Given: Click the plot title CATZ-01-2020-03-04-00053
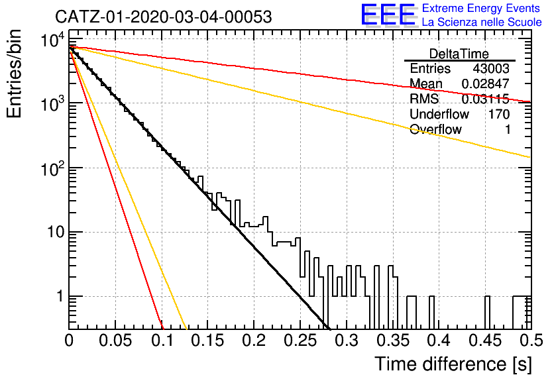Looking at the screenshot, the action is coord(164,17).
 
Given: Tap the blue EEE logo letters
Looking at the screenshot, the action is coord(388,15).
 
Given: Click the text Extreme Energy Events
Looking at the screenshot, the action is coord(481,8).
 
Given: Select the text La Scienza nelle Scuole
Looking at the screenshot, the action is coord(482,23).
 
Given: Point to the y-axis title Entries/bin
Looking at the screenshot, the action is coord(15,74).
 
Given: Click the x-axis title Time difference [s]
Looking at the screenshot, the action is coord(453,364).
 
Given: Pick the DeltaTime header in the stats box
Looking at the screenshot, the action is coord(459,54).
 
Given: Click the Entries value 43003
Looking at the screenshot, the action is coord(491,68).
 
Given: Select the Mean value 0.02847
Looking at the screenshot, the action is coord(486,83).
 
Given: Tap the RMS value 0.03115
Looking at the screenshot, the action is coord(486,99).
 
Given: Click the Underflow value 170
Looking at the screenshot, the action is coord(499,114).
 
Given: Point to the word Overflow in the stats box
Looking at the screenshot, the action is coord(435,129).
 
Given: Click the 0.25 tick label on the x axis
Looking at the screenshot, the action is coord(300,341).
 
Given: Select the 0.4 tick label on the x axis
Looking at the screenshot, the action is coord(439,341).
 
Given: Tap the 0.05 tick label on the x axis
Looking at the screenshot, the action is coord(115,341).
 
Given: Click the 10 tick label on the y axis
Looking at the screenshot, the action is coord(55,232).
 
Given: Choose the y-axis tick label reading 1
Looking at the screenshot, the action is coord(60,296).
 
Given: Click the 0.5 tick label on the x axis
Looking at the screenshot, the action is coord(531,341).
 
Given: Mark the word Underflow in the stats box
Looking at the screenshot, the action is coord(439,114).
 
